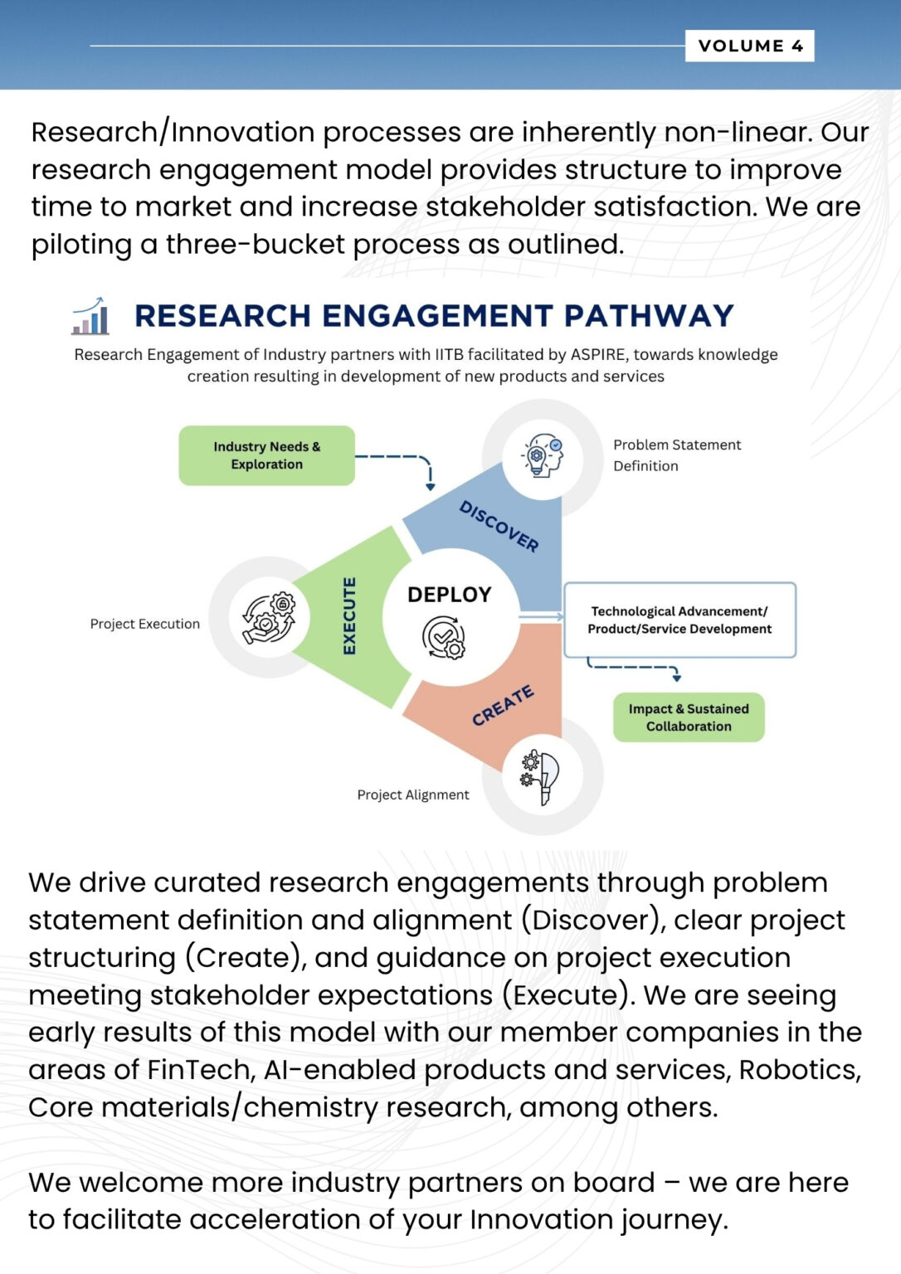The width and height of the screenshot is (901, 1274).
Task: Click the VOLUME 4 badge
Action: [749, 46]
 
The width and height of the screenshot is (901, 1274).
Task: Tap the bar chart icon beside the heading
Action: [90, 316]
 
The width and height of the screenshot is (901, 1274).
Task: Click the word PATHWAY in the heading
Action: [649, 316]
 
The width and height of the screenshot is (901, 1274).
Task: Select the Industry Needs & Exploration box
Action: [267, 455]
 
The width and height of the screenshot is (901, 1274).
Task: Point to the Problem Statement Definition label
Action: [677, 455]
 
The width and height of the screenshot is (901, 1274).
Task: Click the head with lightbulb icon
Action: [542, 455]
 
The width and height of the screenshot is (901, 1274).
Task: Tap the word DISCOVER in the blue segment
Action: [499, 527]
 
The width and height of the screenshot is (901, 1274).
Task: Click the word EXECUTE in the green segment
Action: [349, 616]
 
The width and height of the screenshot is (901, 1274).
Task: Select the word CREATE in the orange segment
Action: [503, 705]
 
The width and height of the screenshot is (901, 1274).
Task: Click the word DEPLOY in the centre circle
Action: [450, 595]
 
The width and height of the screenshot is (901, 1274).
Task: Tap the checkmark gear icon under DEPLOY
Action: [444, 638]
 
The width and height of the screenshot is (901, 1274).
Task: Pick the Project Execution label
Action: [145, 624]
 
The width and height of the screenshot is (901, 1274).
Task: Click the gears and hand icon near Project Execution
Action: [269, 618]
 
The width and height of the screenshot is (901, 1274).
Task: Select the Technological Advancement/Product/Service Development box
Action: [679, 620]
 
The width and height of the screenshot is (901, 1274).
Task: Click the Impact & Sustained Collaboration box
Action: [689, 717]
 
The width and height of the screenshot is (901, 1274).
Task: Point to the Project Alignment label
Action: [413, 795]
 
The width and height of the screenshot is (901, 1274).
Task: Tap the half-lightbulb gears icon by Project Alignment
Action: [540, 777]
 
